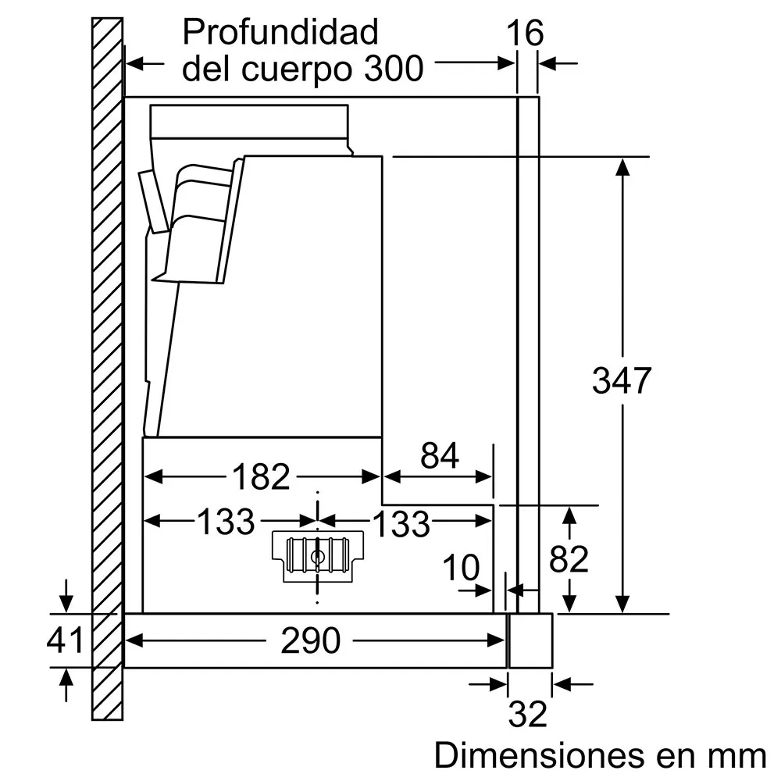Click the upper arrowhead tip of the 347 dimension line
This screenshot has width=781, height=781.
622,159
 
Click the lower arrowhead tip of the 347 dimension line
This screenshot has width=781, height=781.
622,612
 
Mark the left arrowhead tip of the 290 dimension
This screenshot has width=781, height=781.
126,640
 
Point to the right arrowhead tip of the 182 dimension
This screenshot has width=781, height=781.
381,476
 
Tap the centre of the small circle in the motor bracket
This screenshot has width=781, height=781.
317,557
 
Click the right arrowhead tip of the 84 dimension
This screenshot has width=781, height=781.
493,476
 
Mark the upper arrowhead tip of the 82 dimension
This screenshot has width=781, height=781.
569,507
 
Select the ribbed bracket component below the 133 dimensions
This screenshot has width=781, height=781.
318,556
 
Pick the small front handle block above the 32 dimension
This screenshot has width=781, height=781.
530,640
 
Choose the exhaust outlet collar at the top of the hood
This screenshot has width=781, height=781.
249,121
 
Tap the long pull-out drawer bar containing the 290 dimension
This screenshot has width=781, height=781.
316,640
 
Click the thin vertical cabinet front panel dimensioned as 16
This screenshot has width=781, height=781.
529,355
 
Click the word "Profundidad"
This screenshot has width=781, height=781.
280,32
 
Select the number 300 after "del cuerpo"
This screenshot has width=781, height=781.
394,68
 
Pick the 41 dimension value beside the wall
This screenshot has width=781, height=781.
66,640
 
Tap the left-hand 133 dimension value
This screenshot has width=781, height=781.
226,522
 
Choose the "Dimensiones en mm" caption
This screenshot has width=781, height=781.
600,755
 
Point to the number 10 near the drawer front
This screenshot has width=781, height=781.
462,567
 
